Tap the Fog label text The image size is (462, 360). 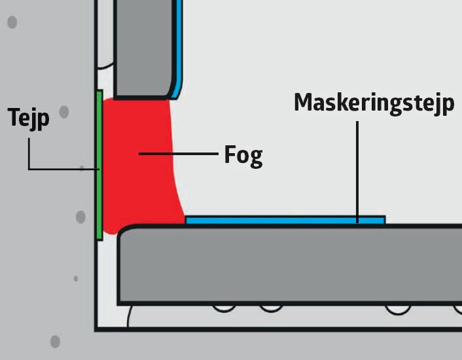click(243, 155)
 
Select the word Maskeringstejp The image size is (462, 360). click(373, 103)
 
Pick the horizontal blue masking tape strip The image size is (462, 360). click(285, 220)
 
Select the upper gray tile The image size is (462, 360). click(145, 46)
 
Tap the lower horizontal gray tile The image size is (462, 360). click(288, 265)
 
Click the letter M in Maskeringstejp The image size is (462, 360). click(304, 102)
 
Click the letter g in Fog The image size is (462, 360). click(256, 158)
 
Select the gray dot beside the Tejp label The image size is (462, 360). click(63, 112)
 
